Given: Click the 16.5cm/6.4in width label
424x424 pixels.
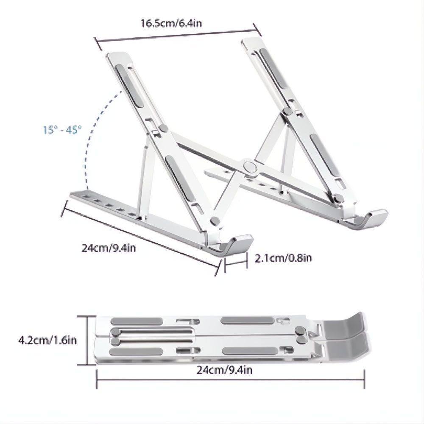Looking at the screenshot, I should [x=171, y=22].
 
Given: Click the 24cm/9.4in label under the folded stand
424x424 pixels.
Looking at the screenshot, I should [x=225, y=371].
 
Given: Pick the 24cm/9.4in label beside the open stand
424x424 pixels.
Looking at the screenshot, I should [x=109, y=248].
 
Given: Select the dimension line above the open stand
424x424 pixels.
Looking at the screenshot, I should [x=176, y=33].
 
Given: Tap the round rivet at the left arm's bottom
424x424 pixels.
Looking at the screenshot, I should [x=215, y=220].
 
